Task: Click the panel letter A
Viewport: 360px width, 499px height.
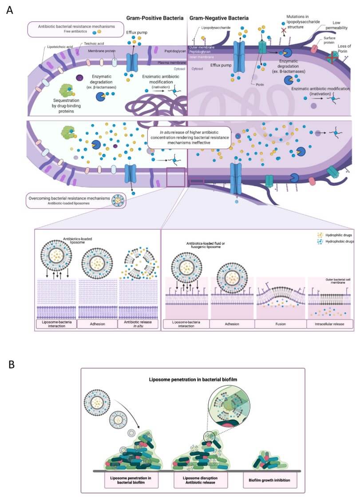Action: pyautogui.click(x=9, y=10)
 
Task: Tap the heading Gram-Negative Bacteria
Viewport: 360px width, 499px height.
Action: pyautogui.click(x=219, y=18)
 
